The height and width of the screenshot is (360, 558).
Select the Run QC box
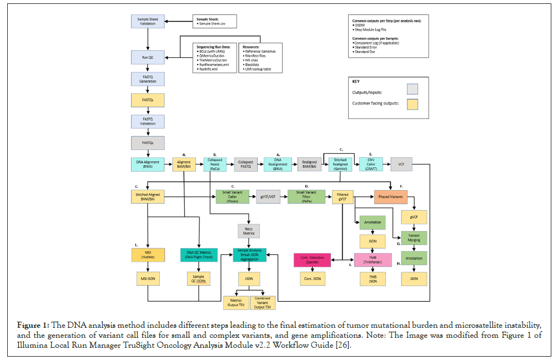147,57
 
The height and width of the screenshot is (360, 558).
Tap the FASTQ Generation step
147,78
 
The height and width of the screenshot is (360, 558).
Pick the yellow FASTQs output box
147,100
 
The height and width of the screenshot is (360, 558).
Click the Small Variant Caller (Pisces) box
232,196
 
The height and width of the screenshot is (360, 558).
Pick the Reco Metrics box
248,230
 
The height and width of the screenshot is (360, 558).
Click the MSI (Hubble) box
147,254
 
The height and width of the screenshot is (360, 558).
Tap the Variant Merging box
414,238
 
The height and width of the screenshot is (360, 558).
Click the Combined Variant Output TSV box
262,303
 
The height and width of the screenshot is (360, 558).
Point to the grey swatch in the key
412,88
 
